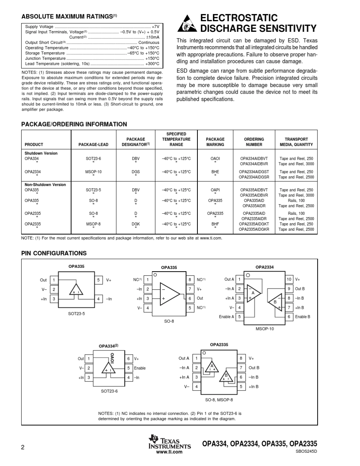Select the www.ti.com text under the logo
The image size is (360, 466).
click(169, 452)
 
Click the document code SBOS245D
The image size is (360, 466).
click(306, 452)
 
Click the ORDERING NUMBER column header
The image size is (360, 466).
click(254, 142)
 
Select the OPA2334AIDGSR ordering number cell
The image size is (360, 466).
click(254, 177)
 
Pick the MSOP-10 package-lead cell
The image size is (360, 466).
click(93, 172)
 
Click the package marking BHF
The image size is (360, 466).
click(215, 224)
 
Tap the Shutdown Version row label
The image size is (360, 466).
click(41, 153)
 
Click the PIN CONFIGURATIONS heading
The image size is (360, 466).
click(54, 253)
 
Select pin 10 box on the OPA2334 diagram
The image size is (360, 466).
click(289, 279)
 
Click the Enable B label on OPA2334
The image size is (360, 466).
click(302, 317)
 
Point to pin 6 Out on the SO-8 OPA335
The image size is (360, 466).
click(190, 299)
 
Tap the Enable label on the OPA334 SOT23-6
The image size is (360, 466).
click(139, 368)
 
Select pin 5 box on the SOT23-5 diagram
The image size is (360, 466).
click(98, 280)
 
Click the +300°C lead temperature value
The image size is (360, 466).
click(152, 64)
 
